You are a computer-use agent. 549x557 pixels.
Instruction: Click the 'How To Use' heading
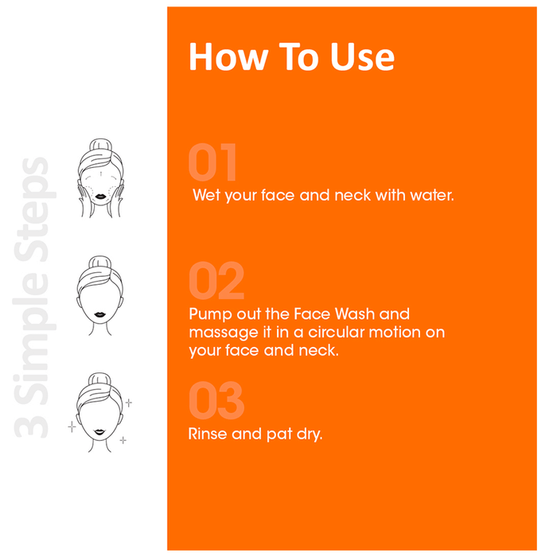[x=291, y=56]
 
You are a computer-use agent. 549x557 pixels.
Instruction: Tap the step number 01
[x=212, y=162]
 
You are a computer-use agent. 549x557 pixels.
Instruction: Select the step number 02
[x=216, y=280]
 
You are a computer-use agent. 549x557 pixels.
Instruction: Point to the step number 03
[x=216, y=400]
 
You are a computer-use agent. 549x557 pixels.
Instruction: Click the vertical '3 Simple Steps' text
[x=34, y=298]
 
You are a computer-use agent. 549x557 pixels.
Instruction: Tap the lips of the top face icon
[x=100, y=197]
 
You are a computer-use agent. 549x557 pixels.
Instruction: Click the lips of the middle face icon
[x=99, y=315]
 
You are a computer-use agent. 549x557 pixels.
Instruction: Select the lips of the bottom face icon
[x=99, y=432]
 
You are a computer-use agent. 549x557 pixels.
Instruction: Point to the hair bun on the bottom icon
[x=99, y=380]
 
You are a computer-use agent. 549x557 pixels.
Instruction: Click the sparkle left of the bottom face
[x=72, y=427]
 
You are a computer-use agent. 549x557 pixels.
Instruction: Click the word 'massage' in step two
[x=224, y=333]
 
